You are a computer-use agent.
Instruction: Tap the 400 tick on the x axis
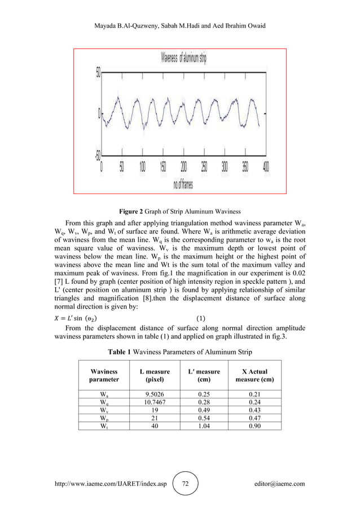(x=266, y=168)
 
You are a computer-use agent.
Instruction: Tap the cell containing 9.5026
(x=154, y=394)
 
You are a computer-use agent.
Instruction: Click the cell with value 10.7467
(x=154, y=402)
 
